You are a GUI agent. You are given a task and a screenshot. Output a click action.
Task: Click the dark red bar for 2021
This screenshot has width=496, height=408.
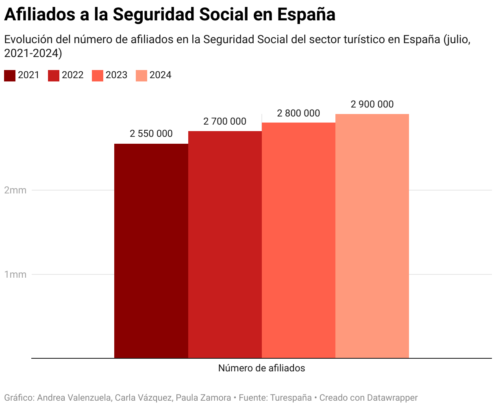coord(151,251)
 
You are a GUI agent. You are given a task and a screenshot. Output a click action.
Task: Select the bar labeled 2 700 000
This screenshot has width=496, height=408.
coord(225,244)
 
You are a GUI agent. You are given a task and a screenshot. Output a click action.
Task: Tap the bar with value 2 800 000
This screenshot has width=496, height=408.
coord(298,240)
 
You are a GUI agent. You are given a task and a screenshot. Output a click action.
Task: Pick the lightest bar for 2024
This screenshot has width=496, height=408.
coord(372,236)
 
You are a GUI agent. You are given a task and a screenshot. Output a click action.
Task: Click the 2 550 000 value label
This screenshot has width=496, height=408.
coord(151,134)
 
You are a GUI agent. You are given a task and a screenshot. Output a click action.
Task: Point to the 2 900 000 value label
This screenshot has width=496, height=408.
coord(372,104)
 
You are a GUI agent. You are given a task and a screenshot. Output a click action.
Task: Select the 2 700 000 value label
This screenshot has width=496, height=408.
coord(225,121)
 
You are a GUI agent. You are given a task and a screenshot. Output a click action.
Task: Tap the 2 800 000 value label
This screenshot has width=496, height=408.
coord(298,113)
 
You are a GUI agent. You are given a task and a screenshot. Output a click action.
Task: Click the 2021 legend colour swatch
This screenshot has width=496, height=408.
coord(10,75)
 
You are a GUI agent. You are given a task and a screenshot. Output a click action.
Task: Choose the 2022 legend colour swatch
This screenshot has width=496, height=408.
coord(54,75)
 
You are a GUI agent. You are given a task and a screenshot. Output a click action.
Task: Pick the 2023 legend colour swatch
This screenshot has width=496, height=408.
coord(98,75)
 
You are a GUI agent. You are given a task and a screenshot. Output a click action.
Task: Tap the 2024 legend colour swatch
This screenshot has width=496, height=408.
coord(141,75)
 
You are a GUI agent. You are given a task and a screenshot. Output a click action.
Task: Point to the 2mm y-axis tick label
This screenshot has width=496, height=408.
coord(15,190)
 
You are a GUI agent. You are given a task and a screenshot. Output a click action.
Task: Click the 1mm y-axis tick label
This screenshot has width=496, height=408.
coord(15,274)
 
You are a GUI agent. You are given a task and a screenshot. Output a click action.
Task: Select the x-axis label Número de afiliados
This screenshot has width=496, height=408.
coord(261,368)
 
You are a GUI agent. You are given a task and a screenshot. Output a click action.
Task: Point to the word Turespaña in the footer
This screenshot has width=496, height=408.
coord(291,398)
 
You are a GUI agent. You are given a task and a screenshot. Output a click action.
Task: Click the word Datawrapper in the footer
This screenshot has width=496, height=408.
coord(392,398)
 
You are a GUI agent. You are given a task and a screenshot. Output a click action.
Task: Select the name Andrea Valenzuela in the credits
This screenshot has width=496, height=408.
coord(74,398)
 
